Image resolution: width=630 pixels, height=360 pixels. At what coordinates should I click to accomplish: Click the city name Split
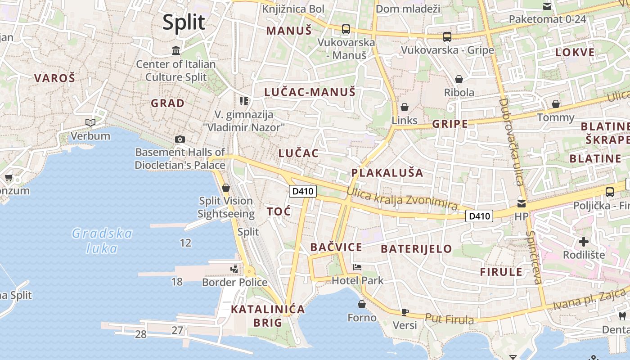click(x=184, y=22)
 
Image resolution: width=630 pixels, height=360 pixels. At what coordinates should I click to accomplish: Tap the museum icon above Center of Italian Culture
click(x=176, y=50)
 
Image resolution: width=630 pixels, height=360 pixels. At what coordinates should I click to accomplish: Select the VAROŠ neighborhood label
click(x=54, y=78)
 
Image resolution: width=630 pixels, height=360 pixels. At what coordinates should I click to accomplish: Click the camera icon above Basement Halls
click(x=180, y=139)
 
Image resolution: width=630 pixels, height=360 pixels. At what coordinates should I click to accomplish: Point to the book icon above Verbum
click(x=90, y=122)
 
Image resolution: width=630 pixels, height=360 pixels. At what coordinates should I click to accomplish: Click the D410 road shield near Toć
click(x=302, y=191)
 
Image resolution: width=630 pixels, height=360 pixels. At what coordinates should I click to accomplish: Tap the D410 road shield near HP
click(x=479, y=216)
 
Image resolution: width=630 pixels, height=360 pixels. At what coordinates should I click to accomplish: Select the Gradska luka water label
click(x=102, y=241)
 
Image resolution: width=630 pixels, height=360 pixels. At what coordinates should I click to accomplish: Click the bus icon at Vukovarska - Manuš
click(x=346, y=29)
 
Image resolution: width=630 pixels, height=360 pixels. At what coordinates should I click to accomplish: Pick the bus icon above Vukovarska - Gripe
click(x=447, y=37)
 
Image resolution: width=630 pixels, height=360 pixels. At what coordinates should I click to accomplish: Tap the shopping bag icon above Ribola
click(x=459, y=80)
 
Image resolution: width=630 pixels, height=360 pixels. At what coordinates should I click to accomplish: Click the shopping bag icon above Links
click(x=405, y=107)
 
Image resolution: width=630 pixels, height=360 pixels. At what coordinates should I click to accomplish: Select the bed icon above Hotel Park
click(x=357, y=267)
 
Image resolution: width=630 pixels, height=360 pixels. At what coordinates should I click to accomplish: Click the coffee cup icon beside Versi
click(x=405, y=312)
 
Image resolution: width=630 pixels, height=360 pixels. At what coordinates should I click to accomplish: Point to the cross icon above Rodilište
click(x=584, y=242)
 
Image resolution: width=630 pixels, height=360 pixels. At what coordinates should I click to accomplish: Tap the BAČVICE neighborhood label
click(x=336, y=247)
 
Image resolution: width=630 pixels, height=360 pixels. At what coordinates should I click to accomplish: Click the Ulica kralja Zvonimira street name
click(x=402, y=199)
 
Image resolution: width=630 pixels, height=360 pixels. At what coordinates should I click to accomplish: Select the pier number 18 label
click(x=177, y=282)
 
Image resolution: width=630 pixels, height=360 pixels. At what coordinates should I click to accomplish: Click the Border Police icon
click(x=234, y=269)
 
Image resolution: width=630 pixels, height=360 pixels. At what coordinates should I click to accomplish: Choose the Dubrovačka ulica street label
click(x=511, y=142)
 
